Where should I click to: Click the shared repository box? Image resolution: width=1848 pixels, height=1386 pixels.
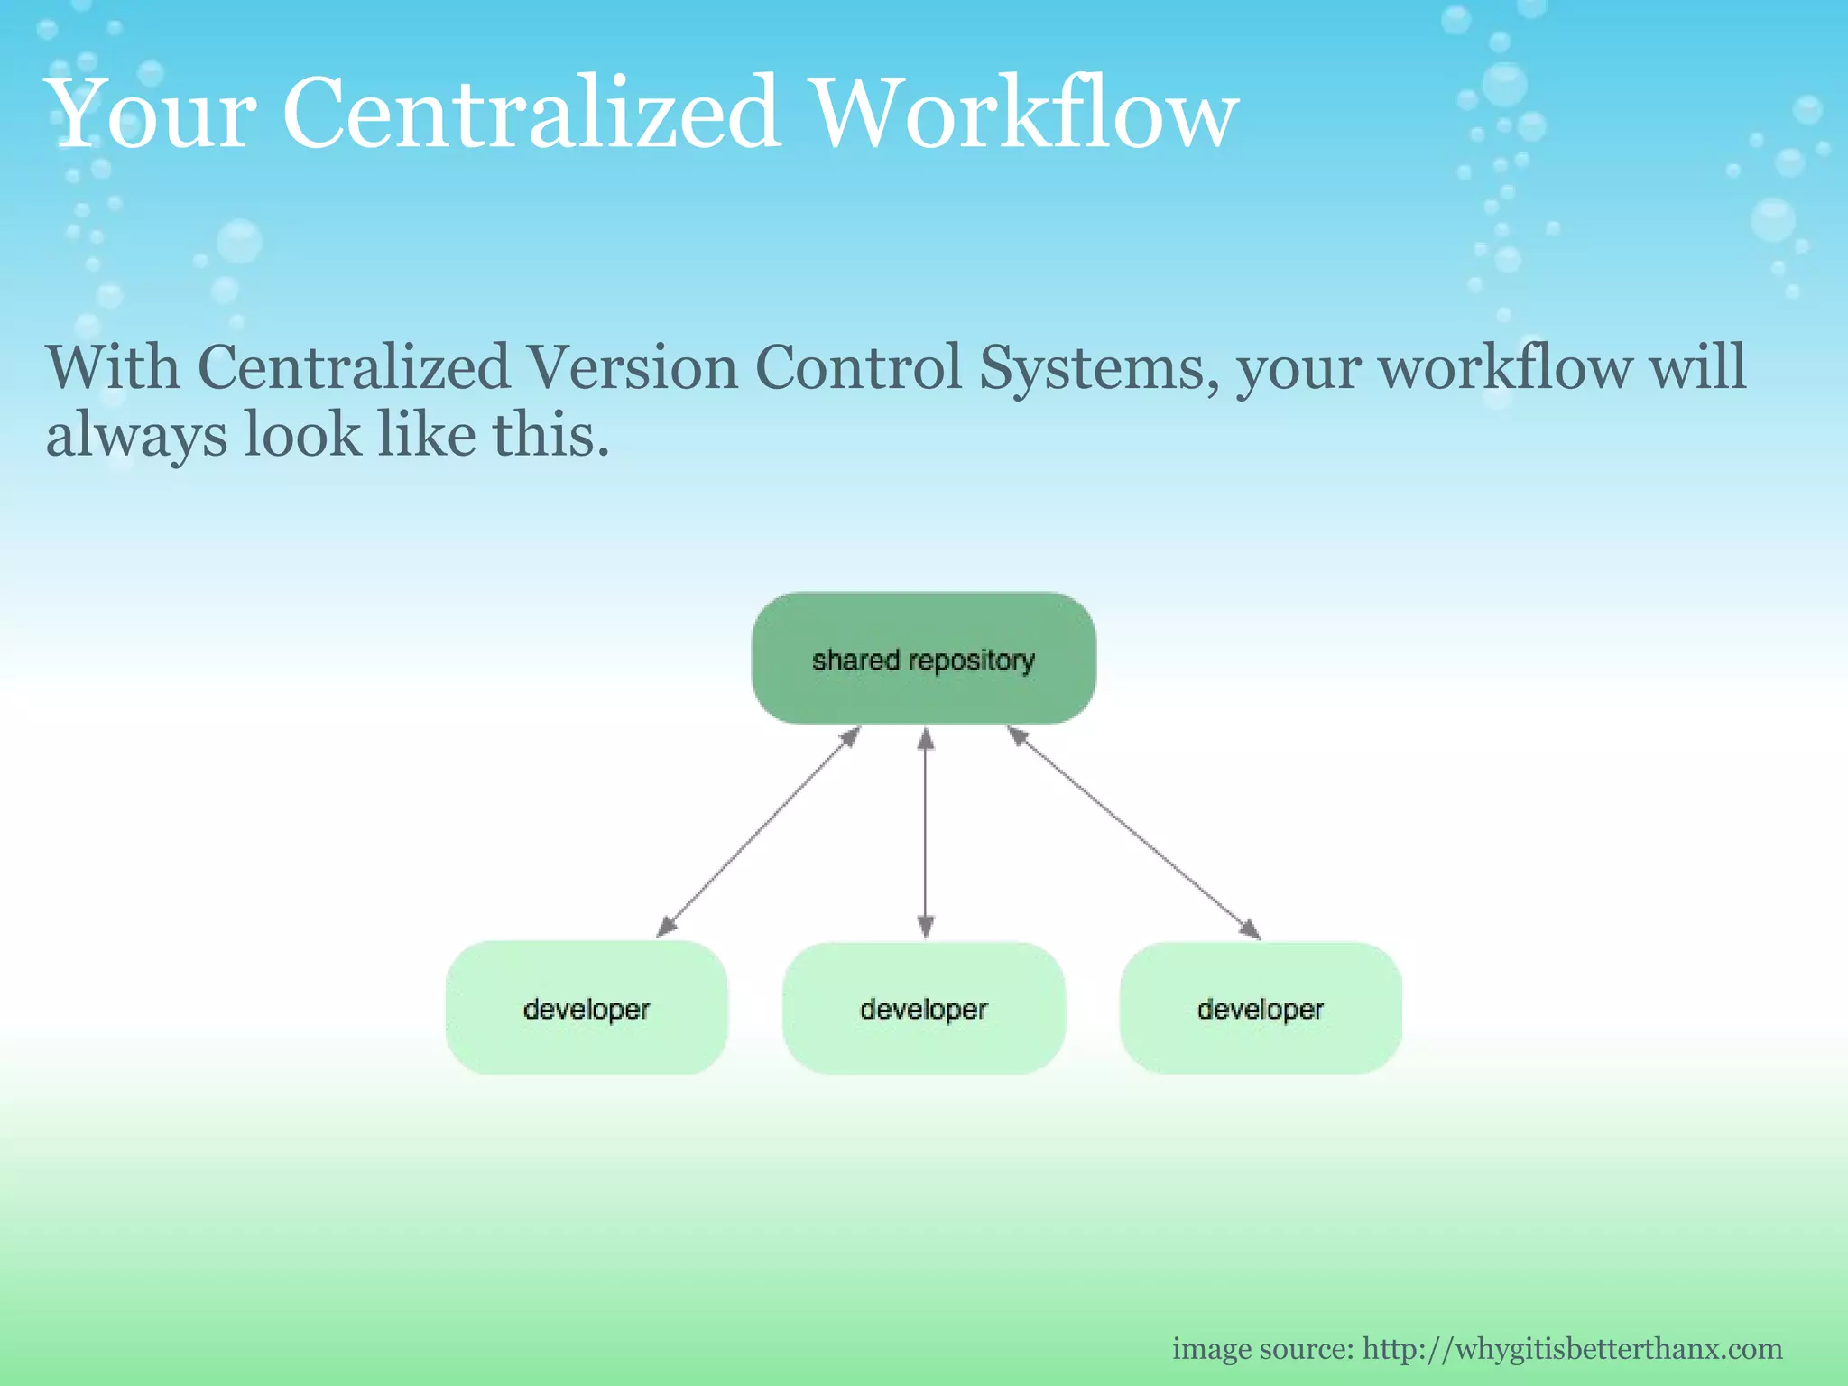923,658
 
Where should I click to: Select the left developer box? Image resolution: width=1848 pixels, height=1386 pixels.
587,1008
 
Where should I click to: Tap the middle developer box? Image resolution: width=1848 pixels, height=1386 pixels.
923,1008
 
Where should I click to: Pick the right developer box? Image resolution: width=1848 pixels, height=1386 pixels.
1261,1008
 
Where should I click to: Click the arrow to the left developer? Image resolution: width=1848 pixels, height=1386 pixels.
758,832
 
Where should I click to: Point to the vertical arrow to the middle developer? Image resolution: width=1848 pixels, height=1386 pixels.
925,832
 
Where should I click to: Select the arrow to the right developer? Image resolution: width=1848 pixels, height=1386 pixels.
1133,832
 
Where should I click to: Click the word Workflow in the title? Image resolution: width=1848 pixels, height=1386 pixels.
1025,114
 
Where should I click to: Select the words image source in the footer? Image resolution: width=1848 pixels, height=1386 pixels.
1261,1349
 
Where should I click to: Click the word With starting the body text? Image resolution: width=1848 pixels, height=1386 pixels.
113,368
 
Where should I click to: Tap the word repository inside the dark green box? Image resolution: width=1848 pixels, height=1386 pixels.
972,661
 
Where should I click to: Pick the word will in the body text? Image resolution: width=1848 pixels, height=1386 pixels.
1697,368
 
